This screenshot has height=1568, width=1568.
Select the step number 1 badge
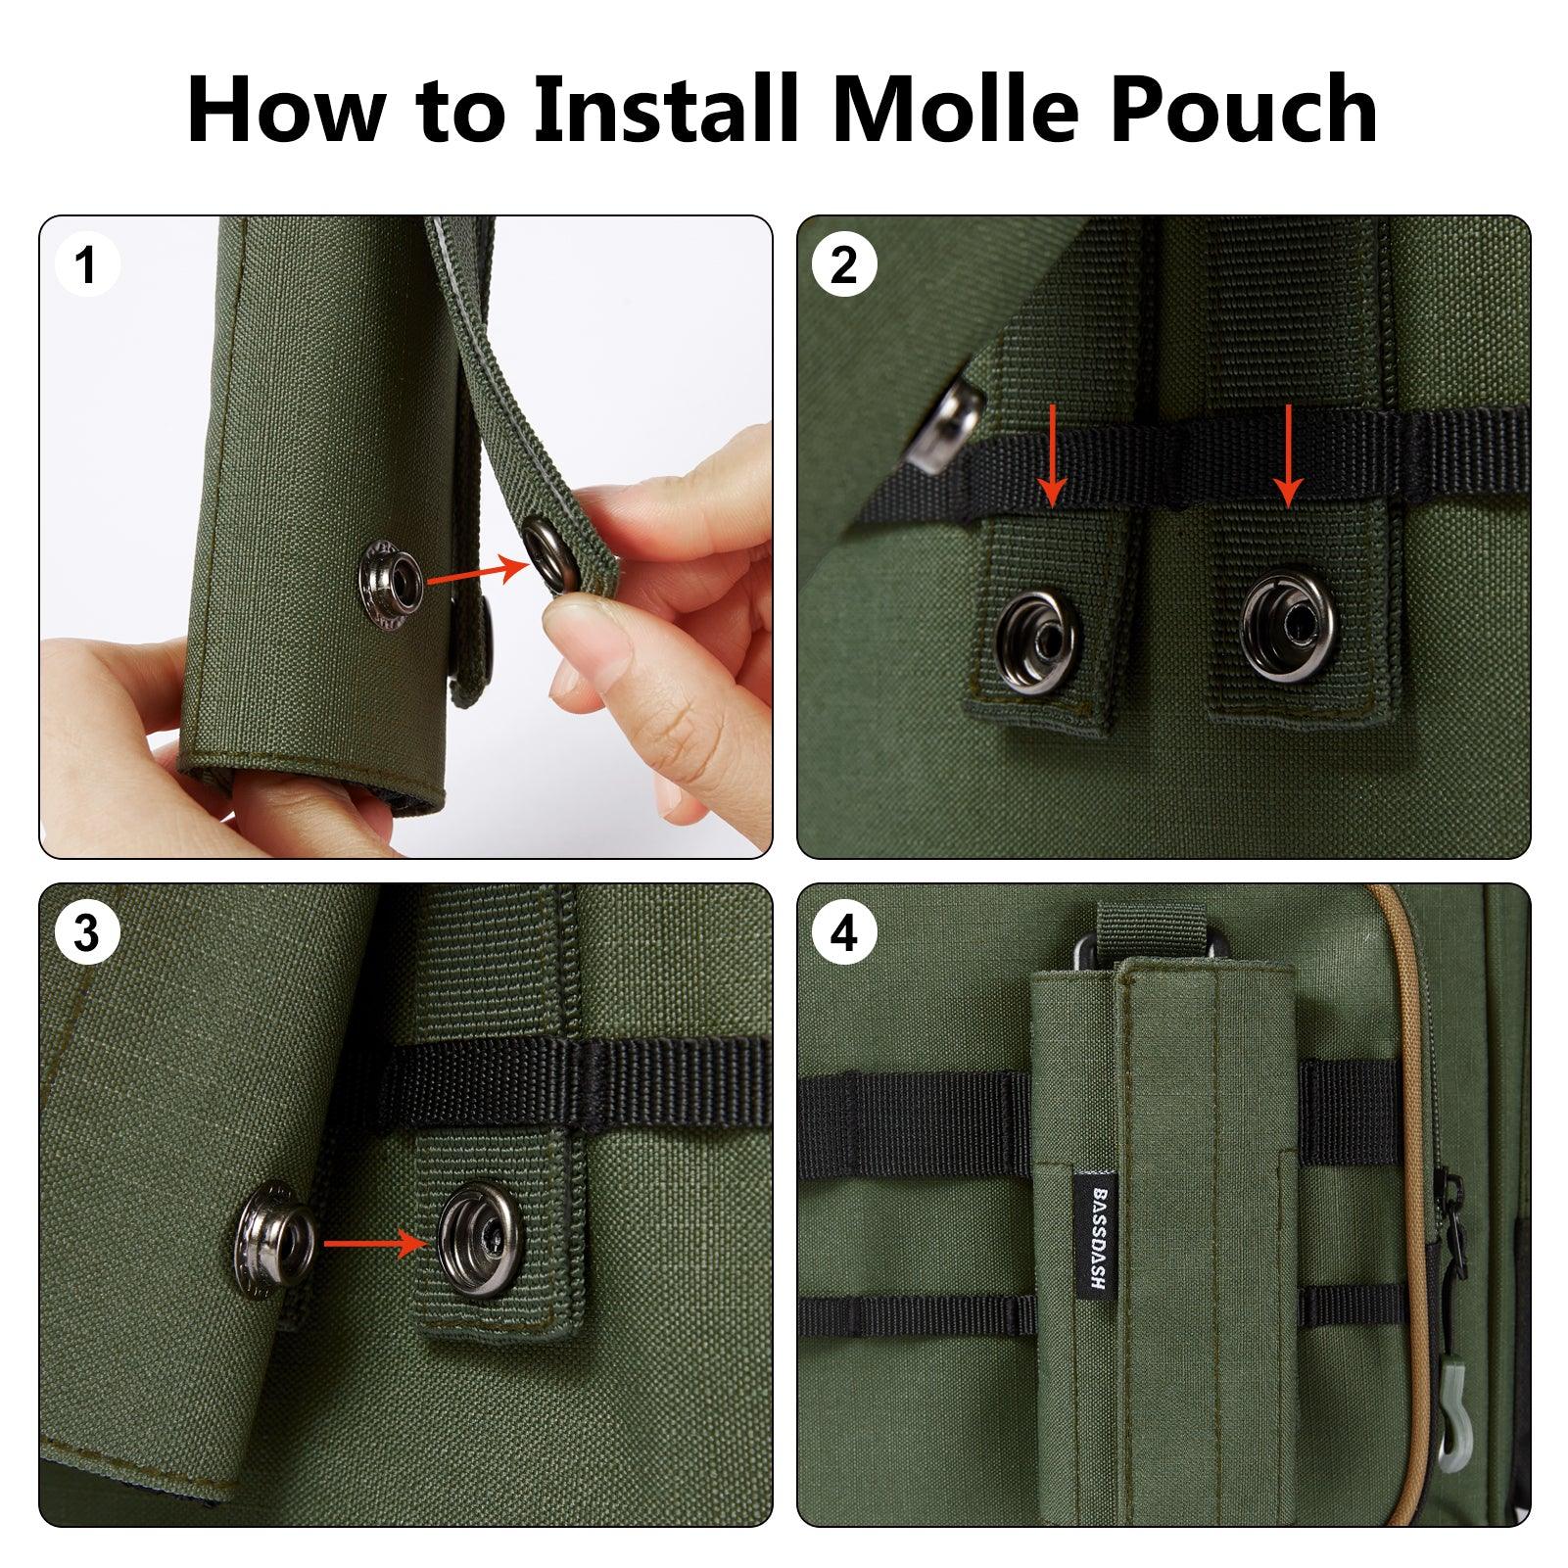87,264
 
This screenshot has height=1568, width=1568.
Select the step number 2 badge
843,264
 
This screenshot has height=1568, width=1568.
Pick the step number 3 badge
87,933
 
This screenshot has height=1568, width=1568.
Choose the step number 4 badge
843,933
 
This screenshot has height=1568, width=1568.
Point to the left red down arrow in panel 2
1052,455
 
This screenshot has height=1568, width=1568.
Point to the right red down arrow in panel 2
1288,455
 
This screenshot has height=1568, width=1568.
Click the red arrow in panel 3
375,1244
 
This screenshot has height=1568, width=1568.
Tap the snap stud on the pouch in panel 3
276,1247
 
